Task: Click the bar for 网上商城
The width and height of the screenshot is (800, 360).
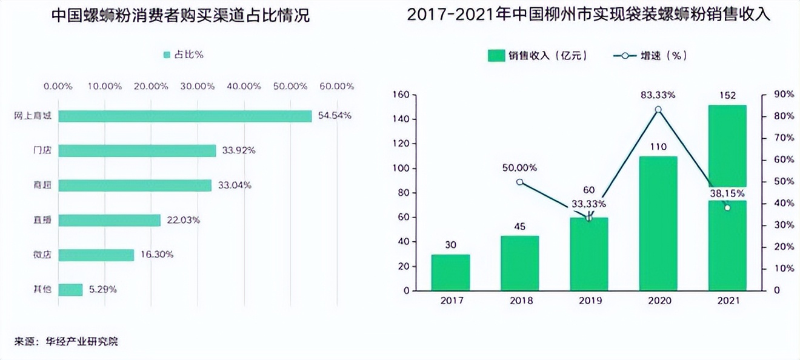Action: [185, 116]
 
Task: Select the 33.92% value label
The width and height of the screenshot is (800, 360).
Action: [238, 150]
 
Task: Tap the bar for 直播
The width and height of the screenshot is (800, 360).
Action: [110, 220]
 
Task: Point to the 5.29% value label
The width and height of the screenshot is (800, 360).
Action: [102, 290]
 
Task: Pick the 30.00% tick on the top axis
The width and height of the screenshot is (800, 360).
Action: [198, 86]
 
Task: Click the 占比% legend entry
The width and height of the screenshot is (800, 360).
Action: [183, 55]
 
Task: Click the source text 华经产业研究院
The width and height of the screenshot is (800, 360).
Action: [82, 341]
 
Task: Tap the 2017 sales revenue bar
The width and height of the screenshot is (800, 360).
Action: [451, 273]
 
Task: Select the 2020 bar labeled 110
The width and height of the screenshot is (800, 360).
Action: [659, 224]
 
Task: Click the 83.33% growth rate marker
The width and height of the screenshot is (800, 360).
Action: [659, 110]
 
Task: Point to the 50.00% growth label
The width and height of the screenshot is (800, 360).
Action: [519, 167]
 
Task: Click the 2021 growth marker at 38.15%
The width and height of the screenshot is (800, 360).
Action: [727, 208]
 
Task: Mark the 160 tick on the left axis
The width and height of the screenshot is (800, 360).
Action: [401, 95]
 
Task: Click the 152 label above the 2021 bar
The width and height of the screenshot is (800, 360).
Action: [727, 95]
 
